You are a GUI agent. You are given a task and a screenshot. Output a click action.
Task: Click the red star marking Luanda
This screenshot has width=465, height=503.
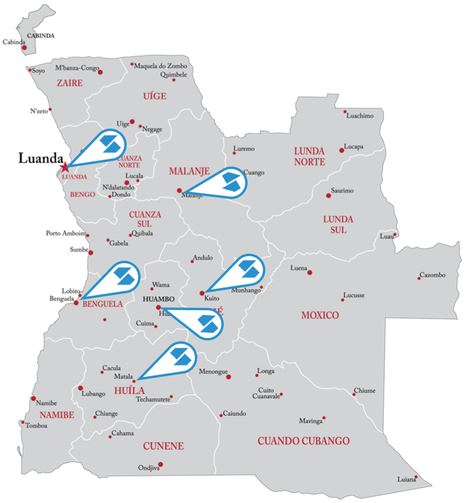tap(64, 167)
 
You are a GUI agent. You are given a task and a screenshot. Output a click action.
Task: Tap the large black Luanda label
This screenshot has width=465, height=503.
tap(40, 157)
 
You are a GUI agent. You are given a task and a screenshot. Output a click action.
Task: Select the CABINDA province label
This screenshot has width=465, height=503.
tap(41, 35)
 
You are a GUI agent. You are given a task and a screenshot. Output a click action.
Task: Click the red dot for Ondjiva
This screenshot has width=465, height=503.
tap(160, 464)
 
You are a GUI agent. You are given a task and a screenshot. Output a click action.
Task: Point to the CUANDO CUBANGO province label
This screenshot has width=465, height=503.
tap(303, 441)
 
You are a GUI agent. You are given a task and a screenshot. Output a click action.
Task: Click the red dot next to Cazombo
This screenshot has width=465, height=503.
tap(419, 278)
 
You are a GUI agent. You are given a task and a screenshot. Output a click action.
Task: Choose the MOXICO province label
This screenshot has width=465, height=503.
tap(320, 315)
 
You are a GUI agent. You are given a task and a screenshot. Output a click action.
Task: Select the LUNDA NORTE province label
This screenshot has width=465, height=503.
tap(309, 156)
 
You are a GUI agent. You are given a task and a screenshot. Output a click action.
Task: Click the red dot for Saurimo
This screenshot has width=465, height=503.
tap(328, 196)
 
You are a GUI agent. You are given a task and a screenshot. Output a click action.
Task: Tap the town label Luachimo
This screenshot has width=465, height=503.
tap(360, 116)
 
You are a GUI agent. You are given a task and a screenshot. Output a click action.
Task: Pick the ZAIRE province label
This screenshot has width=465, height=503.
tap(70, 84)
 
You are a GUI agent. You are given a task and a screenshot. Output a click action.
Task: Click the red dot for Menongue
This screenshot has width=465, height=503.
tap(228, 377)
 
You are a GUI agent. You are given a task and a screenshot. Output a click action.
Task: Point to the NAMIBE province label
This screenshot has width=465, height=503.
tap(57, 415)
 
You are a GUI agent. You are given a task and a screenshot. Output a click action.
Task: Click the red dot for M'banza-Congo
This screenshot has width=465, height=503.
tap(101, 73)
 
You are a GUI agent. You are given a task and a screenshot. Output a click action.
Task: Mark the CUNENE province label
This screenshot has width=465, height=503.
tap(163, 446)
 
